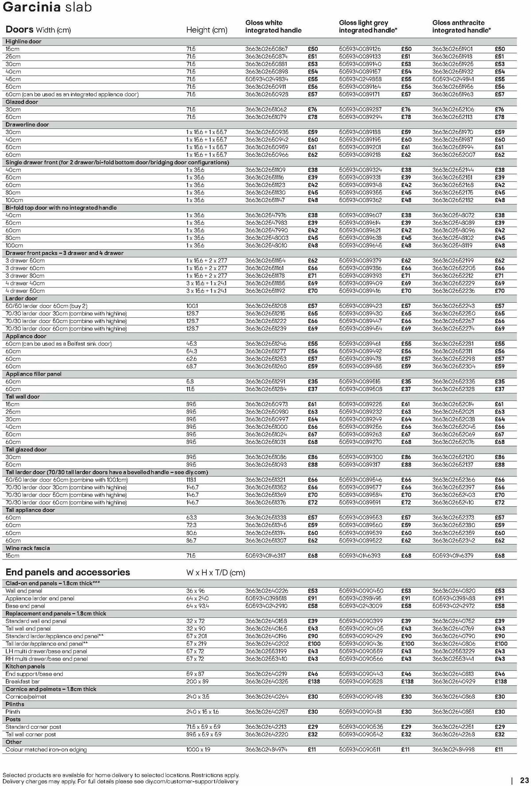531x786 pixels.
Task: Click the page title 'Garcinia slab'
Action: tap(47, 8)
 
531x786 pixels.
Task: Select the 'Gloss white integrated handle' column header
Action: tap(273, 27)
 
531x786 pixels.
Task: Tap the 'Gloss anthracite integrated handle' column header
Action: tap(461, 27)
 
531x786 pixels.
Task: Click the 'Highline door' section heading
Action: tap(23, 42)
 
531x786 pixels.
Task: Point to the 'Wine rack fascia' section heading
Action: tap(27, 548)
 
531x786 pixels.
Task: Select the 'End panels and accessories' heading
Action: tap(68, 572)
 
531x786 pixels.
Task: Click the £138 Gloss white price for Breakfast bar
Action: tap(314, 682)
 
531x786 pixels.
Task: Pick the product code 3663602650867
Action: tap(266, 49)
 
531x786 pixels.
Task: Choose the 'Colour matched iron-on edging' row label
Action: tap(46, 750)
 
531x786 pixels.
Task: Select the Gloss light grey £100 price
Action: tap(408, 644)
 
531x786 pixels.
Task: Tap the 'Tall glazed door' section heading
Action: tap(26, 450)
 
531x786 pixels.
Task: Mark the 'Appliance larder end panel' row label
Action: tap(40, 599)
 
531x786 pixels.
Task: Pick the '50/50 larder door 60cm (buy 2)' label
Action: tap(46, 306)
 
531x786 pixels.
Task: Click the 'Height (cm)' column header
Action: tap(207, 30)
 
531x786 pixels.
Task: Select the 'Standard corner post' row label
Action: tap(33, 727)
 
